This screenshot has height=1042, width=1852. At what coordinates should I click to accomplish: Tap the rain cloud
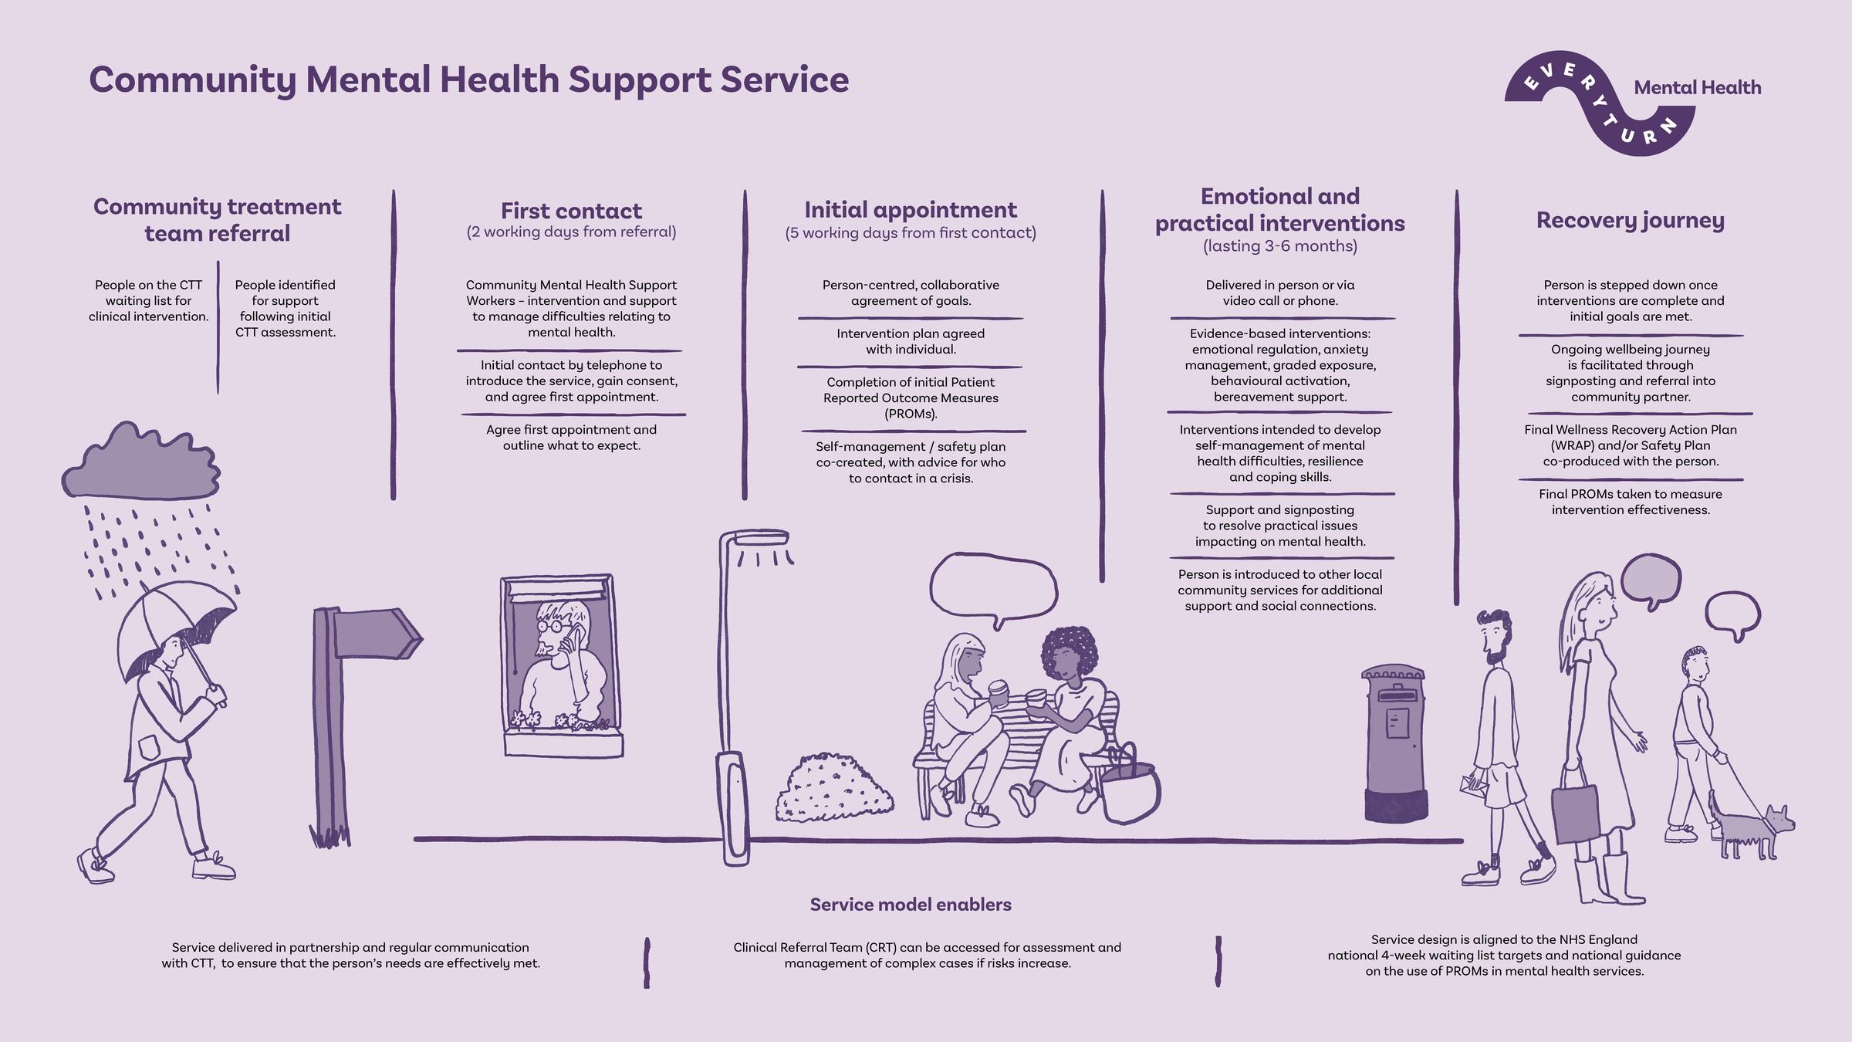(141, 462)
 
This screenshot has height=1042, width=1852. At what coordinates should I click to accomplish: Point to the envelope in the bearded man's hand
(1473, 785)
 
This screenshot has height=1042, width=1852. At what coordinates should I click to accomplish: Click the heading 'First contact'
(571, 211)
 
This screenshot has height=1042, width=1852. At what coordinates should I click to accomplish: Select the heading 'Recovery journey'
(1630, 221)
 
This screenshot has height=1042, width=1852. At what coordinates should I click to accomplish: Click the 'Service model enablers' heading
(911, 905)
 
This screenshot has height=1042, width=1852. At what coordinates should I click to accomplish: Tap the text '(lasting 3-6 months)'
(1279, 246)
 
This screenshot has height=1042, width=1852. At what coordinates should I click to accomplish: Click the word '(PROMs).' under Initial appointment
(911, 414)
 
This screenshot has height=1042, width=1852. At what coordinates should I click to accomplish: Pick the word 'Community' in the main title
(192, 80)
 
